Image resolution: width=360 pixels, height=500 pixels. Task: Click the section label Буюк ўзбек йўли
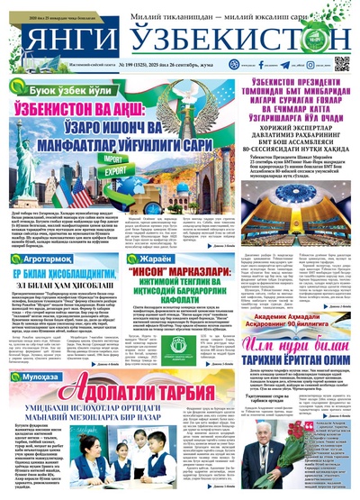click(x=62, y=92)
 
